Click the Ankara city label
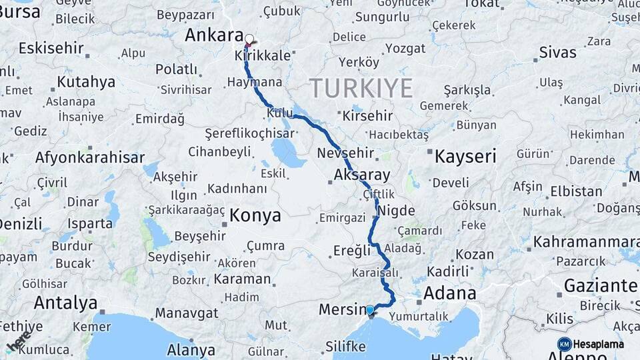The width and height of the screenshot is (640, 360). coord(213,35)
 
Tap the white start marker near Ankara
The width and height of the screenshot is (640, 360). coord(249,39)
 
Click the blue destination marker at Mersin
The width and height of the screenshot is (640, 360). coord(370,310)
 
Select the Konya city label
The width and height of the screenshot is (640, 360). coord(255,216)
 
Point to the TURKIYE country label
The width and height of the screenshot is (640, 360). coord(361,87)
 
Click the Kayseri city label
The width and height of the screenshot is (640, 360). coord(465,157)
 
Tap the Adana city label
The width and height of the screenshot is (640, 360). coord(449,293)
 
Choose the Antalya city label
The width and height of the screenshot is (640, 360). coord(65,303)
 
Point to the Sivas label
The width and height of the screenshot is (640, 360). coord(557,52)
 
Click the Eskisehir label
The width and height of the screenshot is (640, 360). coord(51,48)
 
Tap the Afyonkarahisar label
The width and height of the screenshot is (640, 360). coord(89,158)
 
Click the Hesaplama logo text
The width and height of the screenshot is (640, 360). coord(598,344)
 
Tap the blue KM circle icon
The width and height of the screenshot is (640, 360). coord(564,344)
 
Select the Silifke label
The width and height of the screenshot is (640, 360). coord(345,347)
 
